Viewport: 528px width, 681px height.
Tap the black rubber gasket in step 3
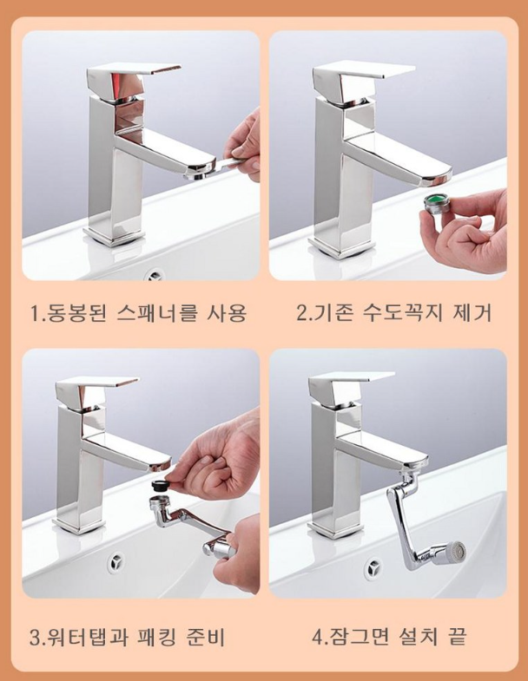coord(160,485)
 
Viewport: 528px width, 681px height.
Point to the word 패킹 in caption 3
coord(155,637)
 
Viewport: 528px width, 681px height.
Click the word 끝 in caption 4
coord(456,637)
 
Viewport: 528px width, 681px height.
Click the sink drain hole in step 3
coord(116,562)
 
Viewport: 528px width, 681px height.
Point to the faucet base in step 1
coord(115,237)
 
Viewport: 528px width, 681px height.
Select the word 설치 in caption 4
coord(418,637)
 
